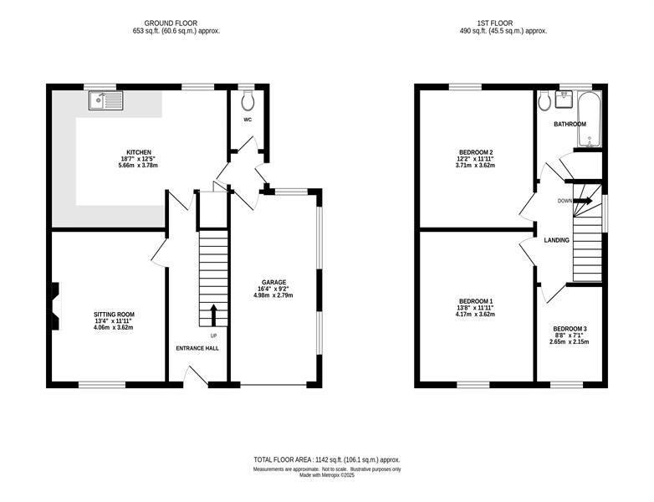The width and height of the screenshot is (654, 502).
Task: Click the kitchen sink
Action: [x=106, y=100]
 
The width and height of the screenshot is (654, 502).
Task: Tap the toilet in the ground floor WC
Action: [x=248, y=100]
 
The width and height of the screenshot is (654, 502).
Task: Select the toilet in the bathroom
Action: [x=544, y=100]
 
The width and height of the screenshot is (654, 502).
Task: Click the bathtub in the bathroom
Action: [x=590, y=120]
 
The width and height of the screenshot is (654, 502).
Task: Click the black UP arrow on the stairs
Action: [x=213, y=315]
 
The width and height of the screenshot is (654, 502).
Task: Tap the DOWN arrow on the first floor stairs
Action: [x=583, y=201]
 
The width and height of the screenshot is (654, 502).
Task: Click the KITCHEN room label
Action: [x=139, y=152]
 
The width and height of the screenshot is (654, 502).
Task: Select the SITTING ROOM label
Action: [x=114, y=315]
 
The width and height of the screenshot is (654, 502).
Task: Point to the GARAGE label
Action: [x=273, y=282]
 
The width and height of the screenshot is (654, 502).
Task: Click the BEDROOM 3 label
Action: [x=570, y=329]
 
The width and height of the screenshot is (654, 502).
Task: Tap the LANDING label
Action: [x=557, y=240]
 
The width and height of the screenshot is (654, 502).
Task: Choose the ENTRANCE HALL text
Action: [x=197, y=348]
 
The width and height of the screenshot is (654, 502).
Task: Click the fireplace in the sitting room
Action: [x=56, y=307]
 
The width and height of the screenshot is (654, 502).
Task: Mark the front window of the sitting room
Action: [x=102, y=385]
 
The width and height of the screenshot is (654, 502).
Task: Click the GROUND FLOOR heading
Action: [x=171, y=23]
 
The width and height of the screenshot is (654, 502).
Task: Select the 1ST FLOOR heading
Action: [x=494, y=23]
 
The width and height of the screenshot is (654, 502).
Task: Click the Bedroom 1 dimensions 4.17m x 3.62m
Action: [x=476, y=315]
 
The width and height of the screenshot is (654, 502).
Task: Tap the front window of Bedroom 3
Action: [x=566, y=385]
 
